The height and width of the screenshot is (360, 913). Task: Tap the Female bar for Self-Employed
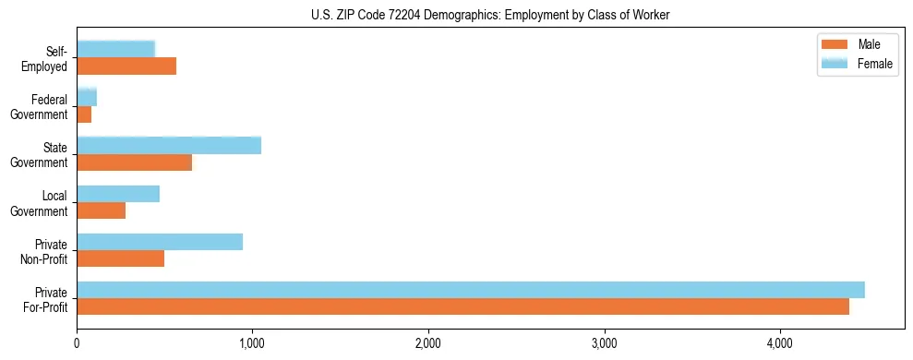(116, 49)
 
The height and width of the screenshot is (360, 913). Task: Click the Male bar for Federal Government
(84, 114)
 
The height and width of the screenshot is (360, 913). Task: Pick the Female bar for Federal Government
(87, 98)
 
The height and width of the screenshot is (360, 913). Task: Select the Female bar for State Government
(169, 146)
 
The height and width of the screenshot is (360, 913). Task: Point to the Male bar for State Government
(135, 162)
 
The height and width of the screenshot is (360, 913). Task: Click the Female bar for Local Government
(118, 194)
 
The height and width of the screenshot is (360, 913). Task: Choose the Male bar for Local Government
(102, 210)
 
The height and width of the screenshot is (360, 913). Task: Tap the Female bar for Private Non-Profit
(160, 242)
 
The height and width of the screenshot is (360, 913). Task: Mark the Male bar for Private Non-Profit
(121, 258)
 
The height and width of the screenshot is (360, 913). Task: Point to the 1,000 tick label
(252, 344)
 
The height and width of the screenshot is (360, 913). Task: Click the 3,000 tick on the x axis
(604, 344)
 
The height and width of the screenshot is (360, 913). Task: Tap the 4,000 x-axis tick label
(779, 344)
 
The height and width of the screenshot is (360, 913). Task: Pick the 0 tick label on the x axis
(77, 344)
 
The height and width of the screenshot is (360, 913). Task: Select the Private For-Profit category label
(46, 299)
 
